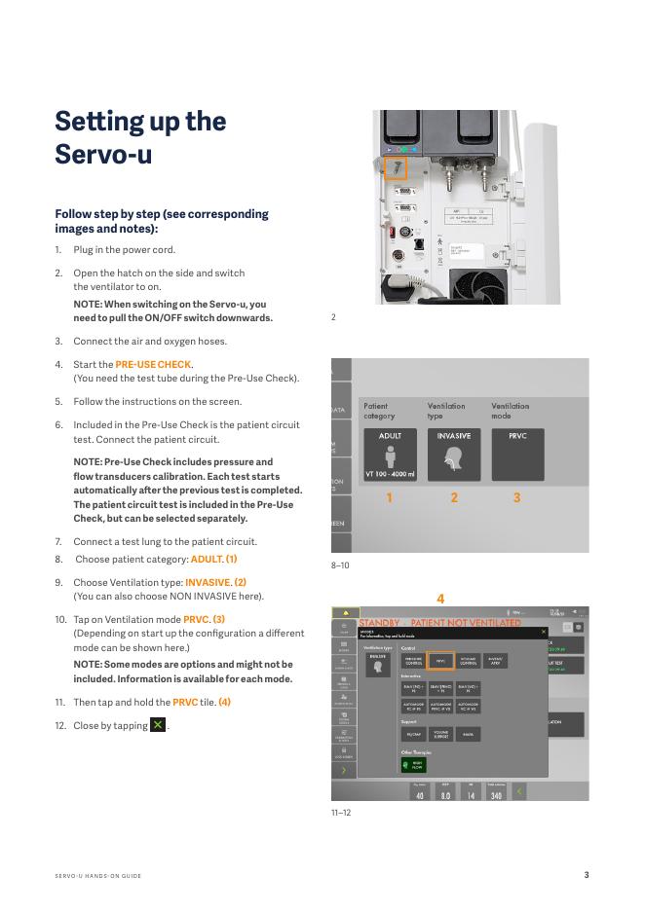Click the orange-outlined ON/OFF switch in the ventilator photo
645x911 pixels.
[397, 168]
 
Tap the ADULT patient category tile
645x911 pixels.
[390, 454]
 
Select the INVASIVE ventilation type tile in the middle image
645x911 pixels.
[454, 454]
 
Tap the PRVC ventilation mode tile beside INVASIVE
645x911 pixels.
[517, 454]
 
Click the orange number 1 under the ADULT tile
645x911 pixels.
[390, 497]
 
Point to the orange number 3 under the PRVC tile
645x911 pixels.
[517, 497]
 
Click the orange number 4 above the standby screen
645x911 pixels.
[440, 599]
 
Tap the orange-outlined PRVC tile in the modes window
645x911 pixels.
[440, 661]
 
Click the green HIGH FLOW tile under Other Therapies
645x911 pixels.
[413, 765]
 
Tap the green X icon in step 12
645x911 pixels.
[158, 725]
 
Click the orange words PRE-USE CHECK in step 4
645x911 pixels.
[153, 365]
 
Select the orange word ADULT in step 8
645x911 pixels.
[207, 560]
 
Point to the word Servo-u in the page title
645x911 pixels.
[103, 154]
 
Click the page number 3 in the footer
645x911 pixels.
[587, 875]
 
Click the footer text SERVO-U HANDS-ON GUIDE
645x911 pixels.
[98, 876]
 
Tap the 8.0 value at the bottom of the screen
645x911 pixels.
[445, 795]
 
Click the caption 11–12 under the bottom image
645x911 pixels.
[340, 812]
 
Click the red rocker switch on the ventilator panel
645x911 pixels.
[392, 233]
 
